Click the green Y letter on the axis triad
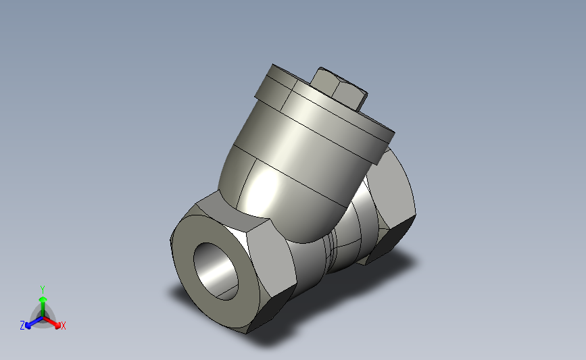[x=42, y=288]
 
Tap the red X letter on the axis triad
[x=63, y=326]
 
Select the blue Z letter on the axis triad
[x=22, y=325]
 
